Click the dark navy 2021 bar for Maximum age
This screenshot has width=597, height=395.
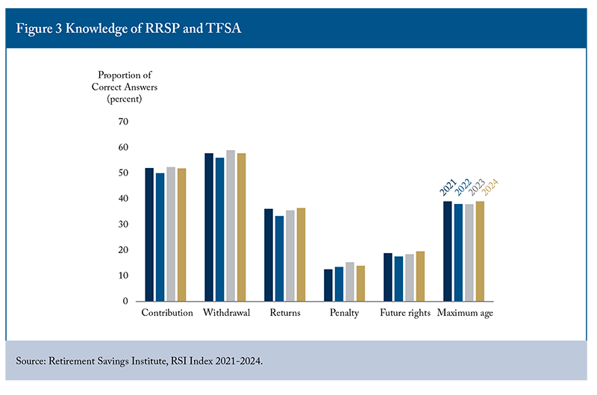[x=448, y=251]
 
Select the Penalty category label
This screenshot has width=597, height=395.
[x=344, y=313]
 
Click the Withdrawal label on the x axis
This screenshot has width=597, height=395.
[x=226, y=313]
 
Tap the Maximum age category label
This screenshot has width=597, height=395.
[x=465, y=313]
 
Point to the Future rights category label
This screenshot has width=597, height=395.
[x=405, y=313]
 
